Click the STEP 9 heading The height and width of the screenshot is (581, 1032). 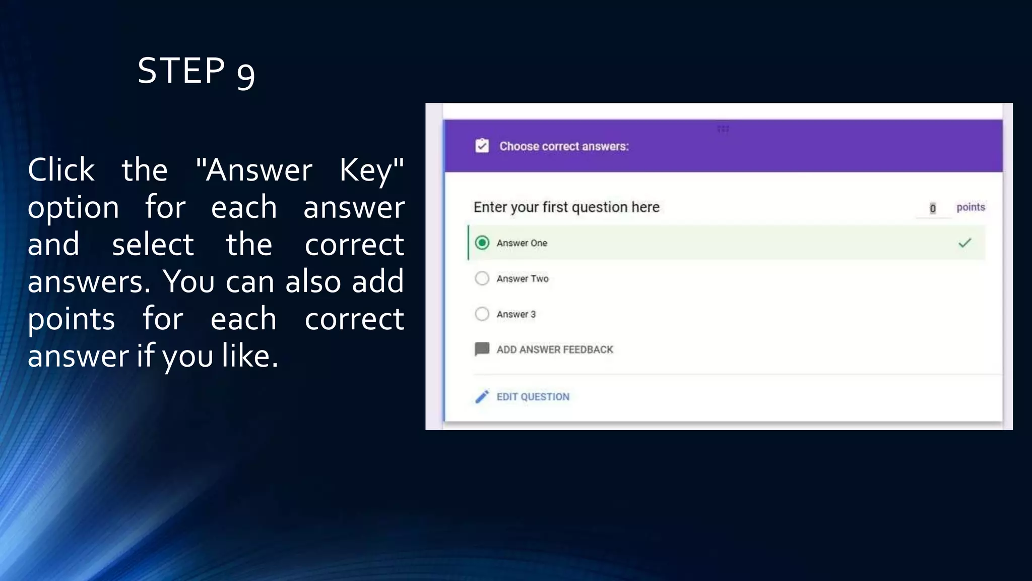point(196,71)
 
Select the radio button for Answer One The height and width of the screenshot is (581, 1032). point(482,243)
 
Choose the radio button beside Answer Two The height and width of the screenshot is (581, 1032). point(482,278)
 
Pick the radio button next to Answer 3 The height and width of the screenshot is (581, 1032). point(482,314)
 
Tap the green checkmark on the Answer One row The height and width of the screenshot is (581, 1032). point(964,243)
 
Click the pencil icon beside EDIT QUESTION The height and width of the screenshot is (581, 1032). point(482,397)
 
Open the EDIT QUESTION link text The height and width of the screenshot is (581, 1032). point(533,397)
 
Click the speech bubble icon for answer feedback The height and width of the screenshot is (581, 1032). point(482,349)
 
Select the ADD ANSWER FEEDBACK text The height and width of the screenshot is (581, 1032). point(554,350)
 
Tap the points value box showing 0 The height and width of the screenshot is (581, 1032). point(932,208)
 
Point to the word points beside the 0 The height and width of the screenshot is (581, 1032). point(971,207)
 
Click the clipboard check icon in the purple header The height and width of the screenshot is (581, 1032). point(482,146)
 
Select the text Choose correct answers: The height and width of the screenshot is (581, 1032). point(564,146)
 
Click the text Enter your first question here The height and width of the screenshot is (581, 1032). point(566,207)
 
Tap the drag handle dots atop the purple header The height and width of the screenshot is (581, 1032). point(723,129)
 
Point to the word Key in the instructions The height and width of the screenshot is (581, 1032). point(371,170)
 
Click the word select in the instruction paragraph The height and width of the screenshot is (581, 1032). point(152,245)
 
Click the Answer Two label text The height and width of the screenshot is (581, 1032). point(522,278)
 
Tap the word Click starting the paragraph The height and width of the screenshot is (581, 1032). point(61,170)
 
